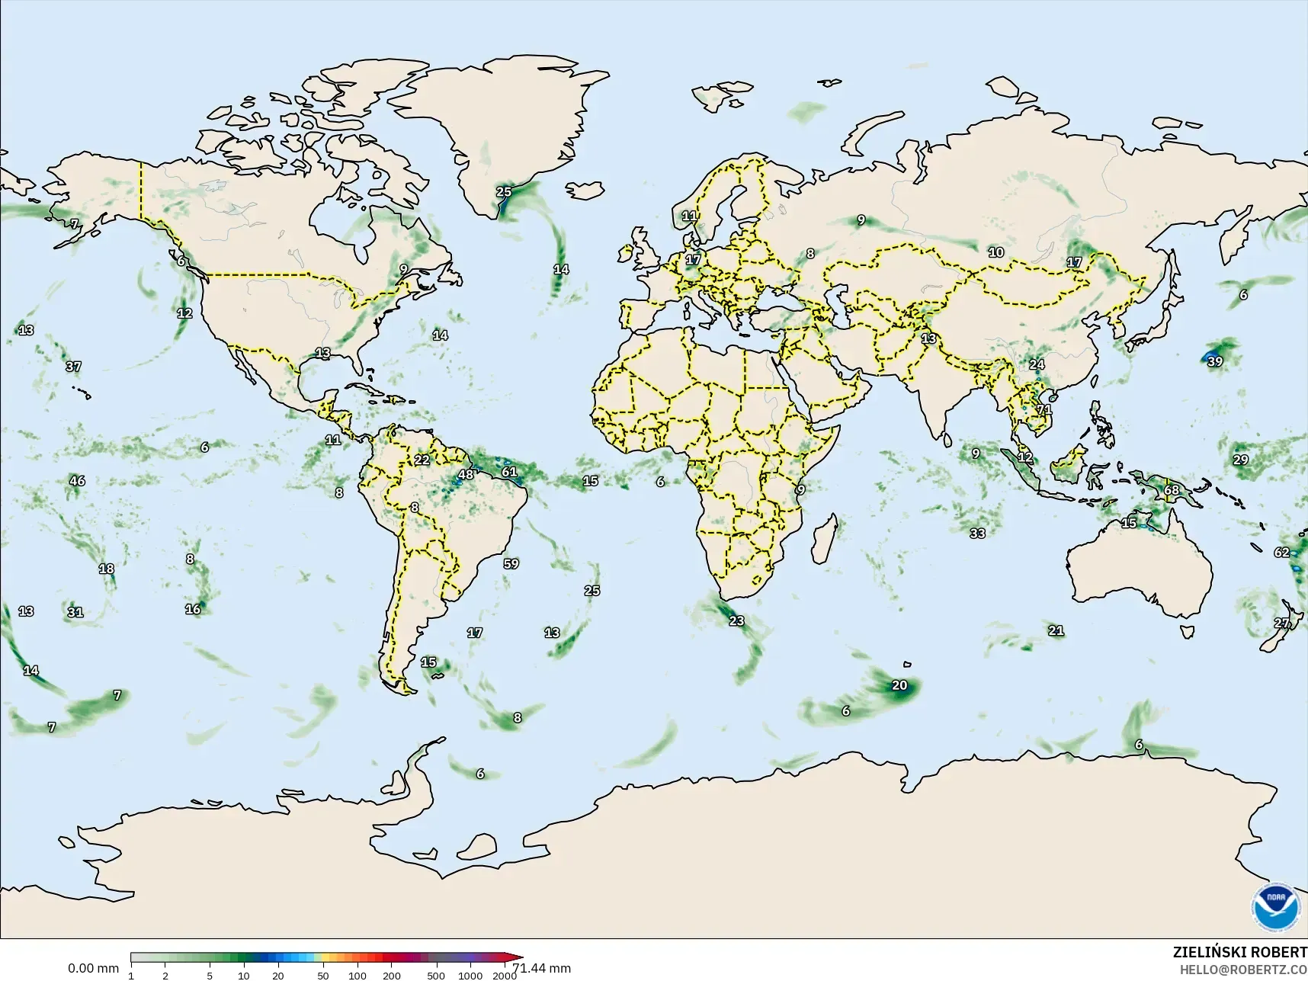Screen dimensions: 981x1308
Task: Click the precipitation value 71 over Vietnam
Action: [x=1044, y=409]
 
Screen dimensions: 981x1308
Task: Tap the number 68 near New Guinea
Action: [x=1172, y=489]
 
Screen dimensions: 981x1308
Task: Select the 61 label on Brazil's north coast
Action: [x=509, y=472]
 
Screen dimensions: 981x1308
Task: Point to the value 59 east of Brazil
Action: [x=511, y=564]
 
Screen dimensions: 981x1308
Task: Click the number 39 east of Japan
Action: [x=1215, y=361]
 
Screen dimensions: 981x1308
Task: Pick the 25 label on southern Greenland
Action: [x=504, y=191]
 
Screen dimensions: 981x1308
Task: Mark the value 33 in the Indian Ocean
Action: [x=977, y=534]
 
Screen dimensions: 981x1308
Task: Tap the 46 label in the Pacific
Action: [x=77, y=481]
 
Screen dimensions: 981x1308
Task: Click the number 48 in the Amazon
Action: [x=465, y=475]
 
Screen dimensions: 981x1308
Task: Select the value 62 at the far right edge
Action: [x=1282, y=553]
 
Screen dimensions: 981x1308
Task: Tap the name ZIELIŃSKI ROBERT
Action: [x=1239, y=952]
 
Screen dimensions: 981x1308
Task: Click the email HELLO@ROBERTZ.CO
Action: [x=1244, y=970]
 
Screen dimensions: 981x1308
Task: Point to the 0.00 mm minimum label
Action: [x=93, y=968]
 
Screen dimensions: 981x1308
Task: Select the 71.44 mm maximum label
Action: [x=542, y=968]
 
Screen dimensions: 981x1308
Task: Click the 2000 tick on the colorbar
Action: [x=505, y=976]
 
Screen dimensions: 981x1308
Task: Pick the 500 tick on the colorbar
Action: [x=435, y=976]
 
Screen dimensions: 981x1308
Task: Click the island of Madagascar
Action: [x=824, y=537]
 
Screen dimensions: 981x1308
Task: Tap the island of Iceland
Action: [x=585, y=189]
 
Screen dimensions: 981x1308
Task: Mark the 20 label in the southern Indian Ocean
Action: [x=900, y=685]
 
